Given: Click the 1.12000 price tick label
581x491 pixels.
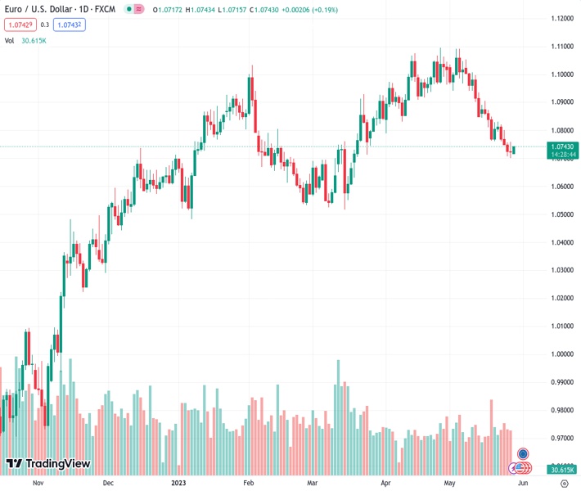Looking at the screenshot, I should click(x=561, y=18).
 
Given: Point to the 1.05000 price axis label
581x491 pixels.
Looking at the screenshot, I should click(x=561, y=214).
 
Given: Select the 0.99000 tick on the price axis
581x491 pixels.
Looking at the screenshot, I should click(x=561, y=382).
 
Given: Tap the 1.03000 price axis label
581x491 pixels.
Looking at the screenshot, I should click(x=561, y=270).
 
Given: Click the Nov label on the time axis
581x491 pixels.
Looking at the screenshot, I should click(x=37, y=483).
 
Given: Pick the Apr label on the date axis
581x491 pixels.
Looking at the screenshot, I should click(x=385, y=483).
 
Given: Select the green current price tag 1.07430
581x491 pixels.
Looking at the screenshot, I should click(x=561, y=146).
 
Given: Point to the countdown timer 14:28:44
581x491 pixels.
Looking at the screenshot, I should click(x=561, y=154).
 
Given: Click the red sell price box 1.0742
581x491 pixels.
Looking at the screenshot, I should click(x=20, y=25).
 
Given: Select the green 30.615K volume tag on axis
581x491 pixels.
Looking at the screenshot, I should click(x=561, y=470).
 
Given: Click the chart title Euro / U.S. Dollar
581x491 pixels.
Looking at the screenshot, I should click(x=38, y=9).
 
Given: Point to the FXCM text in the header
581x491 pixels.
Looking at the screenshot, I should click(x=106, y=9).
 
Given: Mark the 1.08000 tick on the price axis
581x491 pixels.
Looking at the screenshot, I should click(x=561, y=130).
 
